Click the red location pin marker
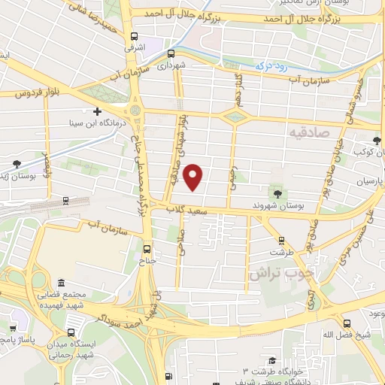[194, 177]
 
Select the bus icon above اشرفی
[134, 36]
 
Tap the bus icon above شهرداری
[171, 53]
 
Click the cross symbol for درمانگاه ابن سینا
[97, 111]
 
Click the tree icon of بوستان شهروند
[277, 194]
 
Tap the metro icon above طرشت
[283, 241]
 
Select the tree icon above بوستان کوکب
[377, 141]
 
